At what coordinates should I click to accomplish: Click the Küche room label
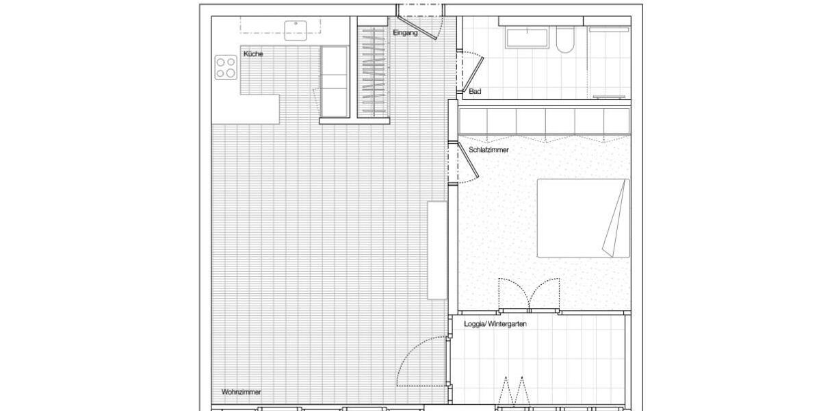[253, 53]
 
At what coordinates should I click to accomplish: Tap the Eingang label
[405, 33]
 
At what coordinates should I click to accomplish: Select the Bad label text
[475, 91]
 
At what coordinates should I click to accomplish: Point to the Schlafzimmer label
[488, 149]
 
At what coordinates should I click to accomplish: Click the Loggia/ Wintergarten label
[495, 324]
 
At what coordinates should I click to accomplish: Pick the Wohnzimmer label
[241, 393]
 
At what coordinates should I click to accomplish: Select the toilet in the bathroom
[566, 40]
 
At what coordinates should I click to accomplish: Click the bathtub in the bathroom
[526, 38]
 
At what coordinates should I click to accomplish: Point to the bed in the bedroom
[582, 218]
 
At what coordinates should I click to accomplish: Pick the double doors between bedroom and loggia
[530, 295]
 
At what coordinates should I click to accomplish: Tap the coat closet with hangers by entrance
[372, 71]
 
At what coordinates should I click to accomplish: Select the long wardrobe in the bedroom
[544, 121]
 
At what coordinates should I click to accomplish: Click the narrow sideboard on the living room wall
[437, 250]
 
